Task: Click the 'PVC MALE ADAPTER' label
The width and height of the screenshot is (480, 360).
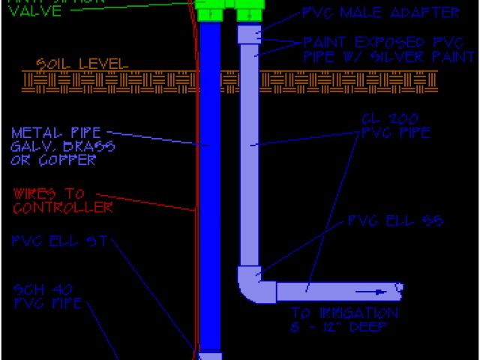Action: [380, 13]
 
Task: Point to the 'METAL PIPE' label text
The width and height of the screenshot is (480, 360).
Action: [56, 133]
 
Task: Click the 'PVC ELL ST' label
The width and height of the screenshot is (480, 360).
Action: [61, 241]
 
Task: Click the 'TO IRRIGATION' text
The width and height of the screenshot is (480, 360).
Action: [345, 313]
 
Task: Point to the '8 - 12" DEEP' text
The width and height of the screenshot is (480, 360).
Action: [345, 328]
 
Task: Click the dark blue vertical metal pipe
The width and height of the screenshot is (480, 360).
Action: [210, 187]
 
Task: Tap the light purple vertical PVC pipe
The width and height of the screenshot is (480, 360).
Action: [249, 150]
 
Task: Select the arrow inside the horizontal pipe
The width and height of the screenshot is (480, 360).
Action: [382, 290]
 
